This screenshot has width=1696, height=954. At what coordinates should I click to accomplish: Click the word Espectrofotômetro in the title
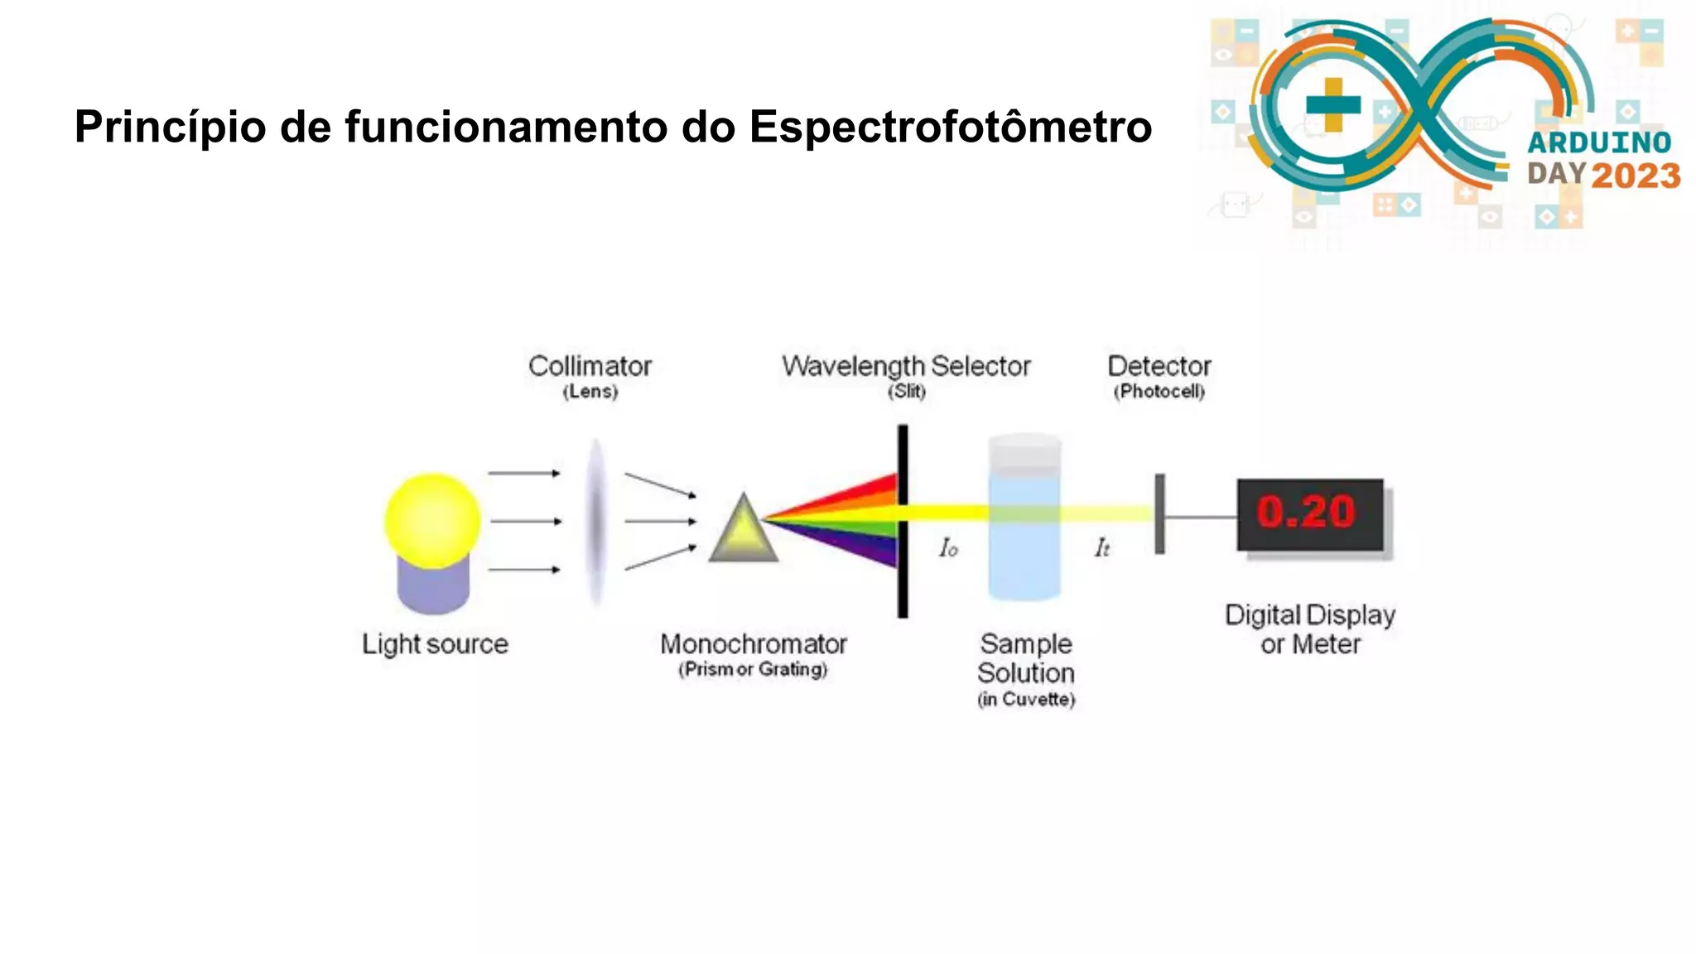click(x=950, y=128)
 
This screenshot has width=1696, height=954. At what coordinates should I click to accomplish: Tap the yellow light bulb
click(x=432, y=520)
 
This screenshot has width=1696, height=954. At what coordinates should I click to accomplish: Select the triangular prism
click(x=743, y=532)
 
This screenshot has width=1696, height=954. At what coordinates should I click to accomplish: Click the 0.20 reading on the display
click(x=1306, y=512)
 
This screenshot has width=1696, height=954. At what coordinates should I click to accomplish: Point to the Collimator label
click(x=590, y=366)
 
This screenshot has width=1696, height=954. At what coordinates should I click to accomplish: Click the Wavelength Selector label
click(x=906, y=366)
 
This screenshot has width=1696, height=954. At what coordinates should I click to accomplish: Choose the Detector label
click(x=1159, y=366)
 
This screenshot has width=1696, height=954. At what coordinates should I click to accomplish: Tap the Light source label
click(x=435, y=644)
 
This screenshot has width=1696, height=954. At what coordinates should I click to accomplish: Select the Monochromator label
click(x=753, y=644)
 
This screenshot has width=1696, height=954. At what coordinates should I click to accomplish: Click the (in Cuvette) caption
click(x=1026, y=700)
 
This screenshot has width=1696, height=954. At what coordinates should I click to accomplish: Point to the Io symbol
click(x=948, y=548)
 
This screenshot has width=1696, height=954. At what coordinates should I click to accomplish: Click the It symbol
click(x=1102, y=548)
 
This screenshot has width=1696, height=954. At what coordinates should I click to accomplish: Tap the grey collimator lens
click(x=595, y=522)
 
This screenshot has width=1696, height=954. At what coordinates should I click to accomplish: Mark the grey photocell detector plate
click(x=1159, y=514)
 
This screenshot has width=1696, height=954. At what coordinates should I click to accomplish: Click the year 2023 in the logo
click(x=1636, y=176)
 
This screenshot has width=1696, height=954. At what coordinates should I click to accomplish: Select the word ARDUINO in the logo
click(x=1599, y=142)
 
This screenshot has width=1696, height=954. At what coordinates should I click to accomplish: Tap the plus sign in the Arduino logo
click(x=1332, y=105)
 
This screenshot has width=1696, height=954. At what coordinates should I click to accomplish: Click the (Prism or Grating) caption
click(x=753, y=670)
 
